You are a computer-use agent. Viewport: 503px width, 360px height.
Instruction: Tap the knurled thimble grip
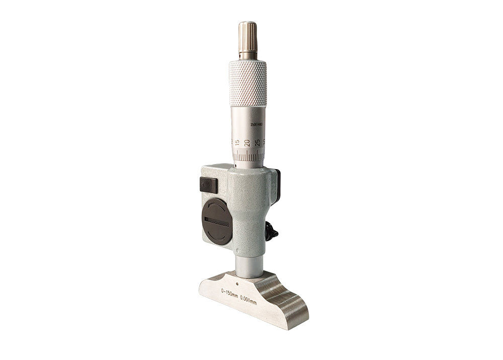pyautogui.click(x=247, y=83)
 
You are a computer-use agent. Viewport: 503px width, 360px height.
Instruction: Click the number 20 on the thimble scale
pyautogui.click(x=247, y=143)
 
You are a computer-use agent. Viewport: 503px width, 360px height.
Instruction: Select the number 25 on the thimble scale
pyautogui.click(x=258, y=143)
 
